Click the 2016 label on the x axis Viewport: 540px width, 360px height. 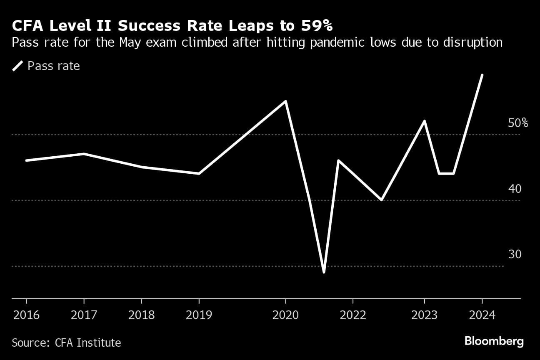pos(26,315)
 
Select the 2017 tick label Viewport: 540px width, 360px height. pos(84,315)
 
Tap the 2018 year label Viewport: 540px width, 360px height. pos(142,315)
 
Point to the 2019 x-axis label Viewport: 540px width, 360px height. pos(199,315)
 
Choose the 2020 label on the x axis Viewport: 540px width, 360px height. pos(285,315)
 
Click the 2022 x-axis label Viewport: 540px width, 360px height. pos(352,315)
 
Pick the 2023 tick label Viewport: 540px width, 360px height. pos(425,315)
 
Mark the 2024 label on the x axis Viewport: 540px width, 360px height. pos(482,315)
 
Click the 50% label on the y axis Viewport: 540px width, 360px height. pos(518,123)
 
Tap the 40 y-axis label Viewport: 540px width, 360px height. pos(515,189)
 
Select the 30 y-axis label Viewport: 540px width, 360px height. pos(515,254)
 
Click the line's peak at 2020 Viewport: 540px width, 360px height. pos(285,101)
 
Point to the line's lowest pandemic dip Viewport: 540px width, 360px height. pos(324,272)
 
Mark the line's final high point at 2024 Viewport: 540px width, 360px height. pos(482,75)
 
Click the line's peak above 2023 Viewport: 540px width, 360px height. pos(425,121)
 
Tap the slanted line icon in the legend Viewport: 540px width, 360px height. pos(18,66)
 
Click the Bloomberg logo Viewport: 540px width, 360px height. pos(494,342)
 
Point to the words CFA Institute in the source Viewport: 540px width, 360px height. pos(88,343)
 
